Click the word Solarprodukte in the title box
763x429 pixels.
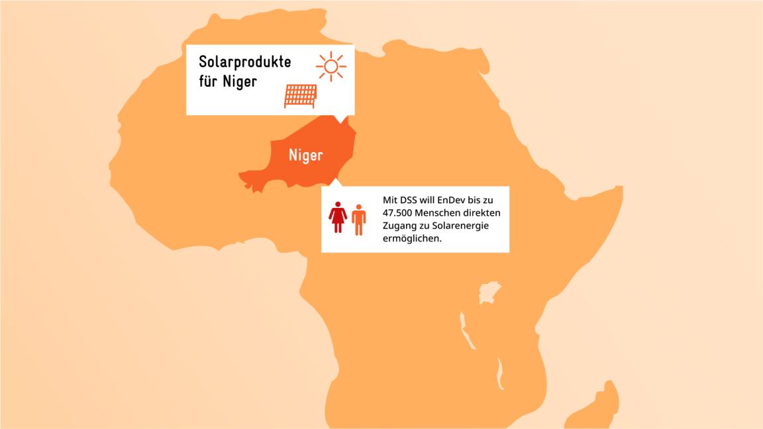click(244, 63)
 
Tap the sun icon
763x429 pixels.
click(331, 66)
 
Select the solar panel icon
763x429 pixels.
click(301, 96)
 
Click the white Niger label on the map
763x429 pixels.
click(305, 156)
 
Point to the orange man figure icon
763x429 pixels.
click(358, 219)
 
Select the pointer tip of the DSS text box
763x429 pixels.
click(332, 179)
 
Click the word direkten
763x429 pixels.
click(483, 213)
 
